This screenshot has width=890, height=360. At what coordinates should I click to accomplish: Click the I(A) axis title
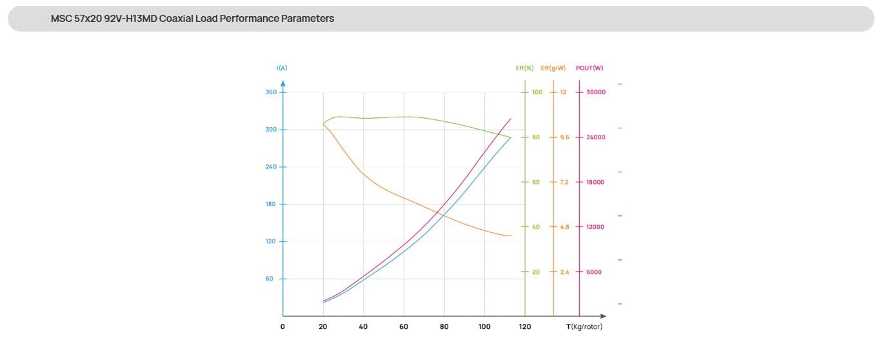282,68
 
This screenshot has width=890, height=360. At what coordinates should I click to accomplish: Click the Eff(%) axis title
524,68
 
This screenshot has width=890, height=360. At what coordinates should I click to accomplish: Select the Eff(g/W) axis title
553,68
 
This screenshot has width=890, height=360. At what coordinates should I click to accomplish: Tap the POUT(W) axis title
589,68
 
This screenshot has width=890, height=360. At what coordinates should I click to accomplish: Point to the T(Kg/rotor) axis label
584,326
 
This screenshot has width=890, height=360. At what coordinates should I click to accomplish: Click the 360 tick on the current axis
271,92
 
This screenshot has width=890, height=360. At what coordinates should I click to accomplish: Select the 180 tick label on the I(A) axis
271,204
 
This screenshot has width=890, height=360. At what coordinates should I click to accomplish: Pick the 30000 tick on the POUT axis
596,92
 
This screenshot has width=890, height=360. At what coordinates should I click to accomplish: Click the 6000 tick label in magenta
594,272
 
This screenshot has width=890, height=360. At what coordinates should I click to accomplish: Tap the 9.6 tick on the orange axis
564,137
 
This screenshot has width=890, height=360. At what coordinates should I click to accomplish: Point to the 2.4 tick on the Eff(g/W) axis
564,272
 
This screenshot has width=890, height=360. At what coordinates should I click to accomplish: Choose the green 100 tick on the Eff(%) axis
537,92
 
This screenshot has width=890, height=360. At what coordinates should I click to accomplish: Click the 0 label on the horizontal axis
282,326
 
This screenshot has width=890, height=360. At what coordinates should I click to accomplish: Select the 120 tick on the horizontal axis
525,326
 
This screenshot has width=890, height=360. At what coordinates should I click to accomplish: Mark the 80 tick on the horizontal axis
444,326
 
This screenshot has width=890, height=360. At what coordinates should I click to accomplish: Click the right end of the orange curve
511,235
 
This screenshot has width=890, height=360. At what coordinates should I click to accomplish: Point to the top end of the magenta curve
511,119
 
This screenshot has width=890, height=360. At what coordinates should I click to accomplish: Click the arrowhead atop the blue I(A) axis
283,83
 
